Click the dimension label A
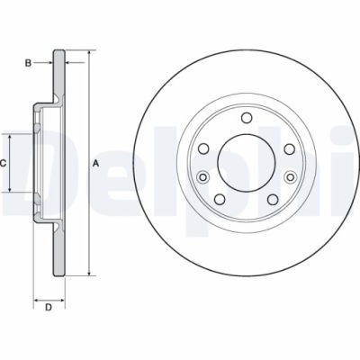click(x=96, y=163)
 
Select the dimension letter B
click(x=28, y=62)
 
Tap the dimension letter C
click(x=4, y=163)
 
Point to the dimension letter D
click(x=49, y=309)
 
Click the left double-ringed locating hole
click(x=204, y=176)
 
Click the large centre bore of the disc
click(x=246, y=163)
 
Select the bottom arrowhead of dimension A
click(x=90, y=273)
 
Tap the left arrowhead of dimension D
click(x=36, y=297)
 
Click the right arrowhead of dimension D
click(x=64, y=297)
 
